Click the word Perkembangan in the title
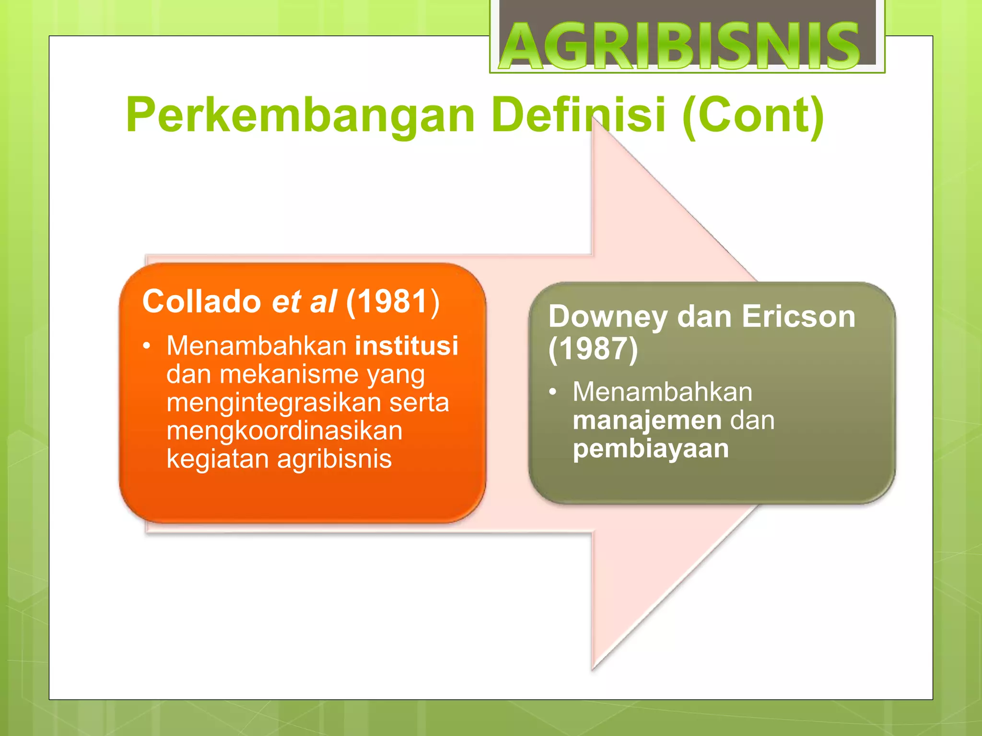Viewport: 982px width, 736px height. tap(300, 115)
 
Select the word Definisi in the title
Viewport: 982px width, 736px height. tap(578, 115)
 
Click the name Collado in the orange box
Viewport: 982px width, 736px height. tap(201, 301)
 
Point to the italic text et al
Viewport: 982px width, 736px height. tap(304, 301)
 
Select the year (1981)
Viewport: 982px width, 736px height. tap(393, 301)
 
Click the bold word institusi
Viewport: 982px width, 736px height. tap(407, 346)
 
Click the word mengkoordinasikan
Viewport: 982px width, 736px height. tap(284, 431)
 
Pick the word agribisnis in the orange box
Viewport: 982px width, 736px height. tap(334, 459)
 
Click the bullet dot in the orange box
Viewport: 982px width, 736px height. tap(147, 346)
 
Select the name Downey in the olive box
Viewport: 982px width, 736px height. tap(608, 317)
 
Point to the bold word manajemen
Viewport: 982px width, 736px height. tap(647, 420)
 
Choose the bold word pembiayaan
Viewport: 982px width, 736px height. tap(650, 448)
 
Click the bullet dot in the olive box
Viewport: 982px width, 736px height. tap(553, 392)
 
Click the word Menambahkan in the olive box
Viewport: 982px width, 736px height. tap(662, 392)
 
